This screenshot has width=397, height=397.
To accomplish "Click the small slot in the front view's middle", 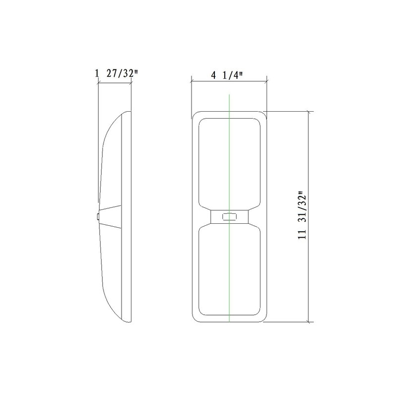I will [x=229, y=216].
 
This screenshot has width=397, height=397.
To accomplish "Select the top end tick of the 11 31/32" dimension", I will [x=311, y=110].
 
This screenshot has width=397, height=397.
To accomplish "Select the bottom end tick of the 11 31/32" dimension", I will [x=311, y=322].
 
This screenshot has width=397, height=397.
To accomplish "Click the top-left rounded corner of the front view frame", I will [x=195, y=114].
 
